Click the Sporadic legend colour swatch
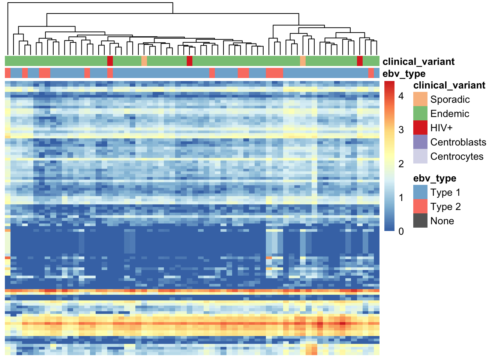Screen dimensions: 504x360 (420, 99)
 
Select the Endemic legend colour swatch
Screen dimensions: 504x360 (420, 113)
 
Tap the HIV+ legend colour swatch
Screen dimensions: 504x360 (420, 127)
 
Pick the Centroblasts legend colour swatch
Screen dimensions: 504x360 (420, 142)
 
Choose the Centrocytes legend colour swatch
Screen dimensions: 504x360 (420, 156)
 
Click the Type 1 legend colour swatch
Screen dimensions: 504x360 (420, 192)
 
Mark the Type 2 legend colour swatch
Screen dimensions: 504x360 (420, 206)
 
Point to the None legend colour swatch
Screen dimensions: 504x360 (420, 220)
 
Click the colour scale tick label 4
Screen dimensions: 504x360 (401, 96)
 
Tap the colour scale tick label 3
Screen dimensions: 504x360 (401, 130)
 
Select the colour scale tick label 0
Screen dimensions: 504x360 (401, 231)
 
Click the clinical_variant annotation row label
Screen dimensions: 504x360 (418, 61)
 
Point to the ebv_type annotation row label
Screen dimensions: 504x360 (404, 73)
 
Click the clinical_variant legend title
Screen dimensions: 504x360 (449, 85)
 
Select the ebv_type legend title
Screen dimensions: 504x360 (435, 178)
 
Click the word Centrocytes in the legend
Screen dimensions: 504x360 (457, 156)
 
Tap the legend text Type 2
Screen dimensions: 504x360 (445, 207)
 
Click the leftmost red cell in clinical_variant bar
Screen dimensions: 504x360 (110, 61)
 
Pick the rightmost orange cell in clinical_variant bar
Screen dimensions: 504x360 (303, 61)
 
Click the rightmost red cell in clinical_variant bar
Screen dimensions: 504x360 (360, 61)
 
